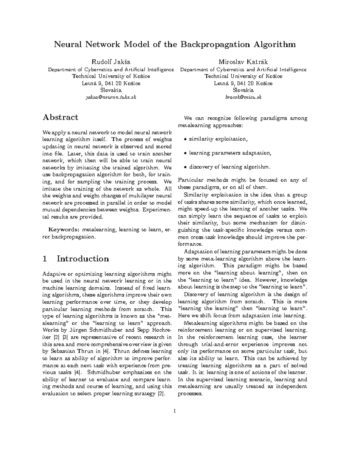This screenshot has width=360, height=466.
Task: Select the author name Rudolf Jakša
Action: (111, 62)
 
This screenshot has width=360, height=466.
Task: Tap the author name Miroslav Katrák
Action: (243, 62)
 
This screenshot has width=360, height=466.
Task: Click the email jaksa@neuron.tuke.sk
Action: (111, 97)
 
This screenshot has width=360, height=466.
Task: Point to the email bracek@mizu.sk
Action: (243, 97)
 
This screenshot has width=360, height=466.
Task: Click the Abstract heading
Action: (60, 117)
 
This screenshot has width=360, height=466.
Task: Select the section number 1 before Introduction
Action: (45, 259)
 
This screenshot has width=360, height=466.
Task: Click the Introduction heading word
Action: (83, 259)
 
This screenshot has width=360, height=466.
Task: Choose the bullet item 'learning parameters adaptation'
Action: (230, 153)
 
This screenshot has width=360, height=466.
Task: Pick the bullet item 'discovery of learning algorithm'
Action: (229, 167)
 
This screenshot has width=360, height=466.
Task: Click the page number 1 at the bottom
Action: (174, 410)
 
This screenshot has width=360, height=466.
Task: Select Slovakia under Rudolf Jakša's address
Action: (111, 90)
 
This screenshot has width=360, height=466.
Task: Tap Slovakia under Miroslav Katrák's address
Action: (243, 90)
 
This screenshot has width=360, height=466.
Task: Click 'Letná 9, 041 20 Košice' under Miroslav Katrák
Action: (243, 83)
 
